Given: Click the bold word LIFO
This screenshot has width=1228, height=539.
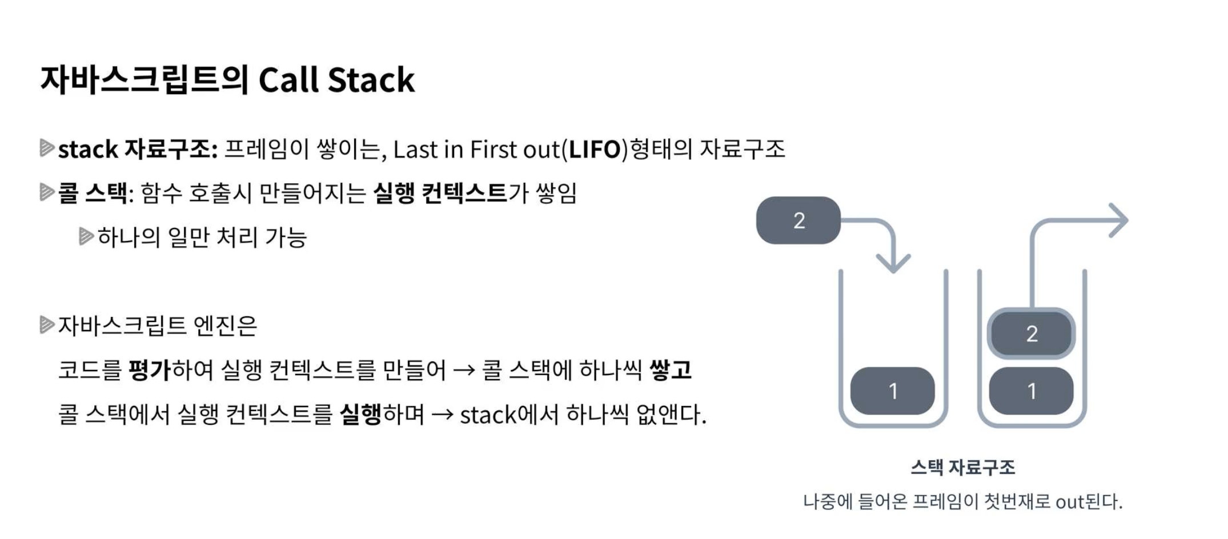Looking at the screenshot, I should pos(595,150).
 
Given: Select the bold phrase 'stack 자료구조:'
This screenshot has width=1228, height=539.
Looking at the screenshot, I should pos(138,150).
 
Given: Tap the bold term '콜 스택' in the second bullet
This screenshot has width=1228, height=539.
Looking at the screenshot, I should pos(92,193).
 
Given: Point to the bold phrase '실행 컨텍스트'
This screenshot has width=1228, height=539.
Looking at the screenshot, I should pos(440,193).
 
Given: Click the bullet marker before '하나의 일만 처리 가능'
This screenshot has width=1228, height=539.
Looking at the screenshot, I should pos(86,236).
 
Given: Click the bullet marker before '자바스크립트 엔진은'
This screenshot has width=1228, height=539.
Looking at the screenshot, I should pos(46,325).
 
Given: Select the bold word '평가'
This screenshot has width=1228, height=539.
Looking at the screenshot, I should pos(150,370).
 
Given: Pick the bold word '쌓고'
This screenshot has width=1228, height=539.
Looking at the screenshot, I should pos(671,370).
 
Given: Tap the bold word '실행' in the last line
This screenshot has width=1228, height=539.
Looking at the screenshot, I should pos(360,414).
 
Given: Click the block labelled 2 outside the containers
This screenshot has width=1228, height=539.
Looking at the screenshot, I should pos(798,220).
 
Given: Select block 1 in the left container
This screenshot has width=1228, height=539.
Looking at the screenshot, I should pos(892,391).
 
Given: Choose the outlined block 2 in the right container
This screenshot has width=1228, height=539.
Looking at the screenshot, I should pos(1031,334).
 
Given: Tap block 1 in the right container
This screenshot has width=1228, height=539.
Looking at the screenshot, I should pos(1031,391).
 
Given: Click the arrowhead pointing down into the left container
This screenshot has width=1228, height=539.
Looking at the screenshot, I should pos(893,263).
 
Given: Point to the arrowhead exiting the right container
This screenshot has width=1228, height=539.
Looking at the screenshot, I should pos(1118,220).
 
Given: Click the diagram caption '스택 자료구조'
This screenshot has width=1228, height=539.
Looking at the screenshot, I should pos(963,468).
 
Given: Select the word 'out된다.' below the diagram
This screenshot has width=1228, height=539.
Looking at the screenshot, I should pos(1089,502).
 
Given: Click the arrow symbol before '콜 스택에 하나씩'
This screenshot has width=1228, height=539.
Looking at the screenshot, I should pos(464,371).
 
